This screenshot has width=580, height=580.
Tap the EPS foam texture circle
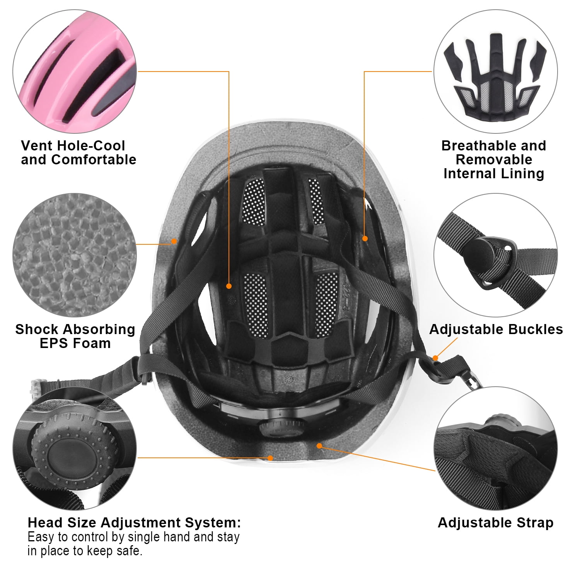[75, 255]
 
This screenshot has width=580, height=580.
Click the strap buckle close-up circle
[495, 255]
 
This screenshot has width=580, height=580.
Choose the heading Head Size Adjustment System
[134, 523]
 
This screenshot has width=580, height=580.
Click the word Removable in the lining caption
[494, 160]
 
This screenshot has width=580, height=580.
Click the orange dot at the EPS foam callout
[174, 241]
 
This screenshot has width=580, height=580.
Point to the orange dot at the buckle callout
[435, 358]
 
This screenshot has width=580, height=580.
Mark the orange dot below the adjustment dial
[270, 458]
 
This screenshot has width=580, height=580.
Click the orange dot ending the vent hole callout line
[229, 286]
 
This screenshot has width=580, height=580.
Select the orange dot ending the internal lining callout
[365, 239]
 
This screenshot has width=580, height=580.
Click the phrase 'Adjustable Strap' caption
[495, 523]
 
